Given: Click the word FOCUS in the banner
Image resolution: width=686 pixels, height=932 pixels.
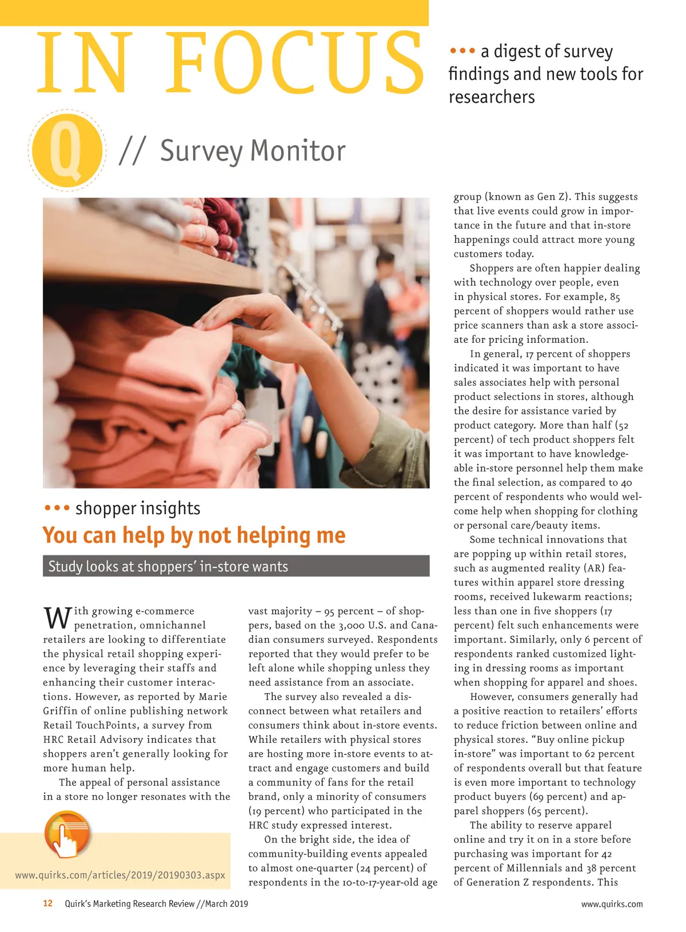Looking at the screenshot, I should click(x=294, y=63).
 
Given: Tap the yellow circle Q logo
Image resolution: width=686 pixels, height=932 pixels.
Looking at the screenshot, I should click(x=67, y=149).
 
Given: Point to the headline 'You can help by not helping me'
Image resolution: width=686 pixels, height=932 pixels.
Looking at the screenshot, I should click(x=194, y=535).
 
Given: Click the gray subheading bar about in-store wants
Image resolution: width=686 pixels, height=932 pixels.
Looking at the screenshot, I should click(x=236, y=566).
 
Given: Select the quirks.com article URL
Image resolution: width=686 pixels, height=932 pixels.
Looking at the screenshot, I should click(x=120, y=875).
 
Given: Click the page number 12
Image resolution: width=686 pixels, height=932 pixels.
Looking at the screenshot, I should click(x=48, y=903).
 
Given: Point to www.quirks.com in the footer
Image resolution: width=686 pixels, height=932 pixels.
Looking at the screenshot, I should click(x=612, y=904).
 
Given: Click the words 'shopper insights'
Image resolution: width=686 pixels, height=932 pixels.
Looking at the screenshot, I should click(x=138, y=508).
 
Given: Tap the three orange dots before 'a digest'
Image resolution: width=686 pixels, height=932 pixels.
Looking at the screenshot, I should click(x=462, y=51).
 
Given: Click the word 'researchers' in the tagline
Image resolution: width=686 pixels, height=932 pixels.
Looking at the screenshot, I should click(x=492, y=97).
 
